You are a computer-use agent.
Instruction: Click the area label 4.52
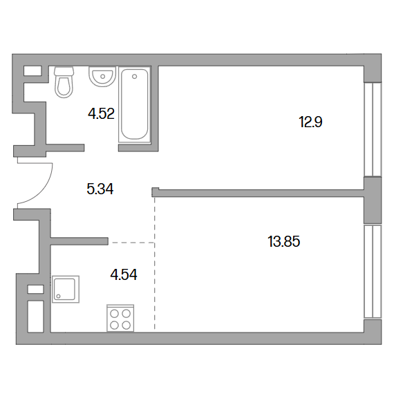(x=101, y=113)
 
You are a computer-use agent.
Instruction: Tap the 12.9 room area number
(x=310, y=122)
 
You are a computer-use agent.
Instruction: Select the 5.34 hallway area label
(x=100, y=189)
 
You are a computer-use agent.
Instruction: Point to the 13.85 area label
(x=284, y=241)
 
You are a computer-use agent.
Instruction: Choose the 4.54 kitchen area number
(x=124, y=274)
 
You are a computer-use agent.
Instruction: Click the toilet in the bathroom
(x=64, y=82)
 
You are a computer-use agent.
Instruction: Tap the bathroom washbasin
(x=102, y=76)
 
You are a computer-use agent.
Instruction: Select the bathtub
(x=134, y=105)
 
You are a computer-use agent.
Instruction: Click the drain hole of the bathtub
(x=134, y=77)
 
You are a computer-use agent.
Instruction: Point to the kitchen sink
(x=66, y=289)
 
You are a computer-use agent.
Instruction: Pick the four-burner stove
(x=120, y=318)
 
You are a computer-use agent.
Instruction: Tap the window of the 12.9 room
(x=373, y=130)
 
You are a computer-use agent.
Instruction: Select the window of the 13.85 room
(x=373, y=272)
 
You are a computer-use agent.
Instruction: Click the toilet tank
(x=64, y=71)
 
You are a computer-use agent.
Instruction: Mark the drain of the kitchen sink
(x=59, y=297)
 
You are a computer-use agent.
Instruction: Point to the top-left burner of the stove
(x=115, y=314)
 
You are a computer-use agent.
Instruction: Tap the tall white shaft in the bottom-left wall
(x=35, y=317)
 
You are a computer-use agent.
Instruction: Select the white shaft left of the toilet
(x=32, y=71)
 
